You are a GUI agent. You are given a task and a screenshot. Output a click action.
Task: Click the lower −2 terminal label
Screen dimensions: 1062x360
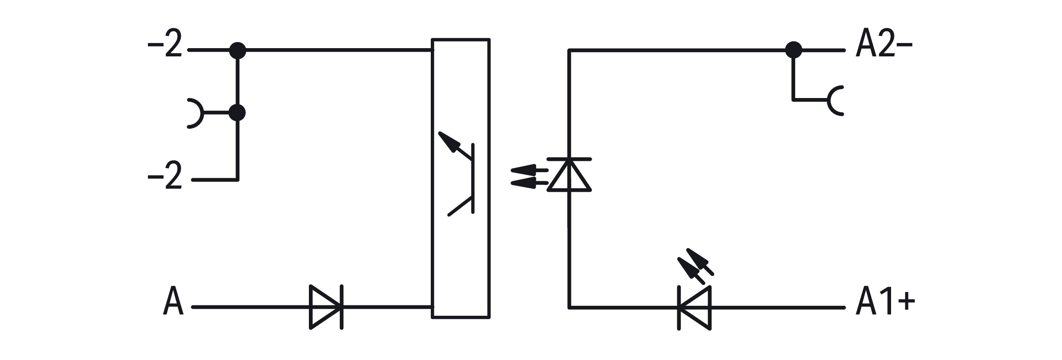(164, 176)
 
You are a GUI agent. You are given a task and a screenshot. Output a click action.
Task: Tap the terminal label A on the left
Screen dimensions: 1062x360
(173, 300)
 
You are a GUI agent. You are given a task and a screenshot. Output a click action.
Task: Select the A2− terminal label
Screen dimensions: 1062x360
(884, 43)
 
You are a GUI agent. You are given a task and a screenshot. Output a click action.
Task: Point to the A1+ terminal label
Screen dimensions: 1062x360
(885, 301)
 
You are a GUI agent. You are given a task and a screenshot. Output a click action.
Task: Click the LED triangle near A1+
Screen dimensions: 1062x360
(695, 308)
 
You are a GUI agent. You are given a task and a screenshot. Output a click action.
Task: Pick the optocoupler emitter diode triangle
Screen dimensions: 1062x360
(569, 174)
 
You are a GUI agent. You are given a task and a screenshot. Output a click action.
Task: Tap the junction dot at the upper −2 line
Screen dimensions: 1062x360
(237, 51)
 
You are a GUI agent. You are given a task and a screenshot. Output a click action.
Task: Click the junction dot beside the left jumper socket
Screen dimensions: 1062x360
(237, 113)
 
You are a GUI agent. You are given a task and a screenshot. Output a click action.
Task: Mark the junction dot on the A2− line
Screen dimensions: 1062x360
(793, 50)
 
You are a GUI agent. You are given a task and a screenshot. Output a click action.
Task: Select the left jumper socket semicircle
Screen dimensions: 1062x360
(195, 114)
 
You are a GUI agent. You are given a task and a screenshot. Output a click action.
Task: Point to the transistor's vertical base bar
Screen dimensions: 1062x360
(473, 178)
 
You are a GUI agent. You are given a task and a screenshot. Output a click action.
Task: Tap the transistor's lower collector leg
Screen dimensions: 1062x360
(460, 206)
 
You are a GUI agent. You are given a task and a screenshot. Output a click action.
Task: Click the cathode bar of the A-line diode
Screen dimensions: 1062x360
(342, 307)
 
